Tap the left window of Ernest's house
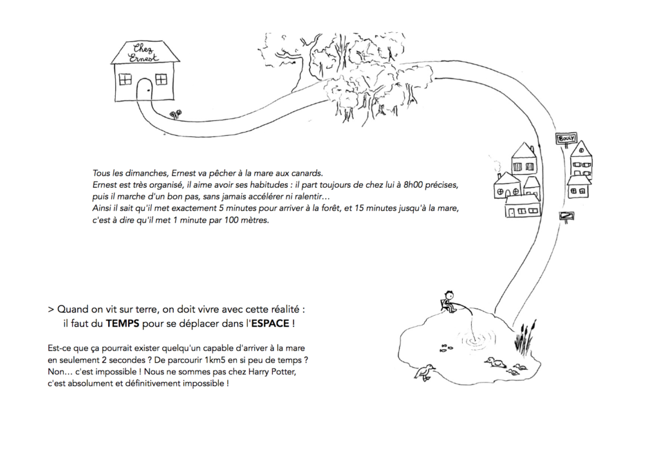pos(125,79)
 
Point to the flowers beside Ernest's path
pos(175,114)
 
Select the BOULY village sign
pos(566,138)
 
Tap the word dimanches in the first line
pos(134,172)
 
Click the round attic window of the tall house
pos(581,150)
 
